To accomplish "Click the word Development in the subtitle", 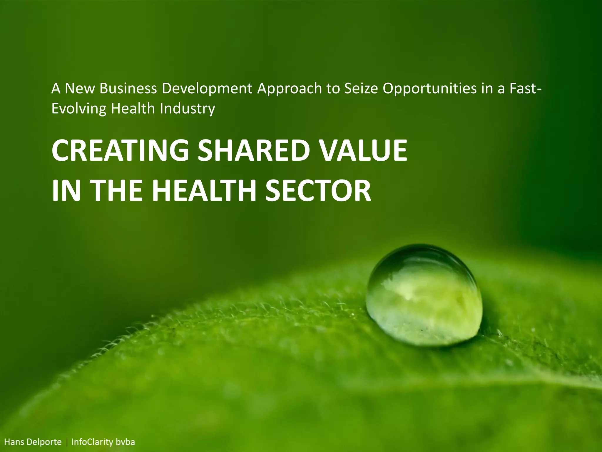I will (x=207, y=89).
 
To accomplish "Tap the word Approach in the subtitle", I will (x=290, y=89).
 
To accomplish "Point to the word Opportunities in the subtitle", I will (x=429, y=89).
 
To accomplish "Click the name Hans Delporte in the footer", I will (x=33, y=442).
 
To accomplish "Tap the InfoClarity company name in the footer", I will (x=92, y=442).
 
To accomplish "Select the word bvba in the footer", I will (x=125, y=442).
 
